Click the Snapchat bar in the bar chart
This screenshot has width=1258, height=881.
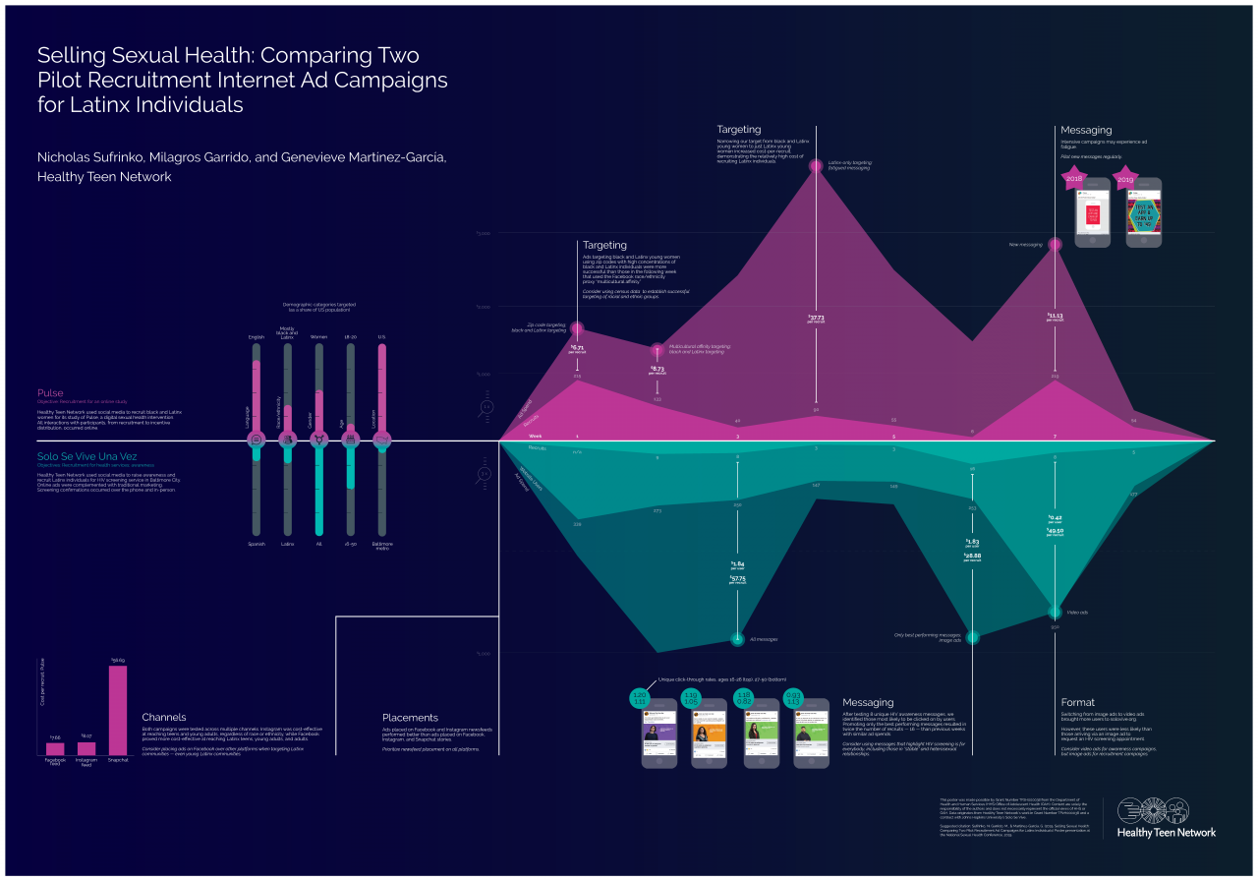pos(117,710)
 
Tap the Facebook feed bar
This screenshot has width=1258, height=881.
pos(55,748)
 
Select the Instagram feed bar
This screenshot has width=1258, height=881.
pos(86,748)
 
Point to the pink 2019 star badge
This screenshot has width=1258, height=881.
pos(1124,179)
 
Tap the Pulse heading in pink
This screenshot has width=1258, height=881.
pos(50,393)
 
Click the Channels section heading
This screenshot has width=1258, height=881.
pos(163,717)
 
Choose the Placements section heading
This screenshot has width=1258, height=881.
pos(410,717)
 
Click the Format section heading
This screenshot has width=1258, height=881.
pos(1077,702)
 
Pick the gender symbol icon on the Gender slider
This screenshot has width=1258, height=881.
pos(318,440)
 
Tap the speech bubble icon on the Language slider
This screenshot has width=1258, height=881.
pos(257,440)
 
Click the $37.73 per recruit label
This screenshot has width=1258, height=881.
pos(816,319)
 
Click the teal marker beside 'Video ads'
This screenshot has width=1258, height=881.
pos(1056,612)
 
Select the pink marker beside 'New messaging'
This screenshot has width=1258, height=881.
pos(1056,244)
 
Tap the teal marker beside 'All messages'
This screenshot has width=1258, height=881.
pos(737,639)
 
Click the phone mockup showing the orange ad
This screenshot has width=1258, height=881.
pos(709,734)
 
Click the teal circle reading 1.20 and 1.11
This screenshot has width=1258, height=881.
pos(640,698)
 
